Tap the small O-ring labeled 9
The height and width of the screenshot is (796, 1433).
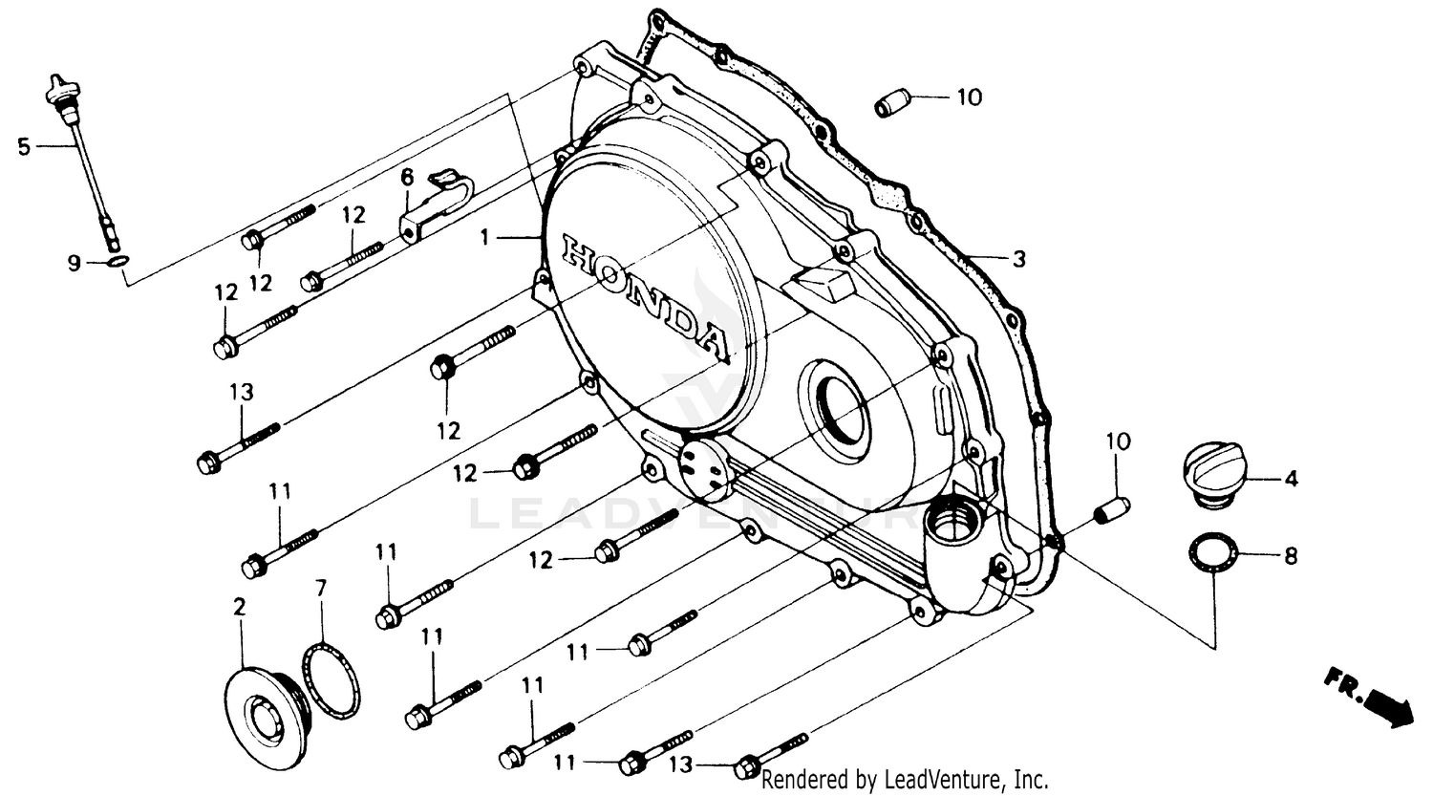coord(115,263)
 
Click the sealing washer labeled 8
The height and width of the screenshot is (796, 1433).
coord(1213,555)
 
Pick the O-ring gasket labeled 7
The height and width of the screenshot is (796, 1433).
coord(332,680)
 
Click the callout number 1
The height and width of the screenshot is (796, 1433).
coord(484,237)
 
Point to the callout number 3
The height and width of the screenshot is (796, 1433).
coord(1018,258)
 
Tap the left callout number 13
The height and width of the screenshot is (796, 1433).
coord(241,392)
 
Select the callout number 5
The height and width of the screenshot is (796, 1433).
coord(24,146)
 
